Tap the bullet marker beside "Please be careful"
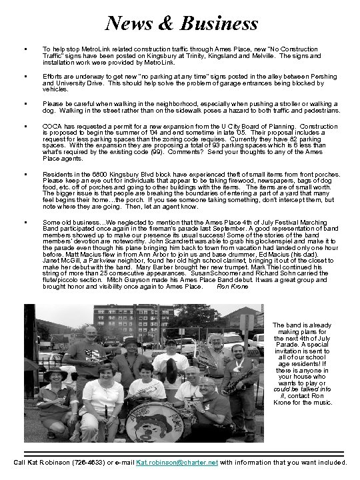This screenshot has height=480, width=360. [24, 104]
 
